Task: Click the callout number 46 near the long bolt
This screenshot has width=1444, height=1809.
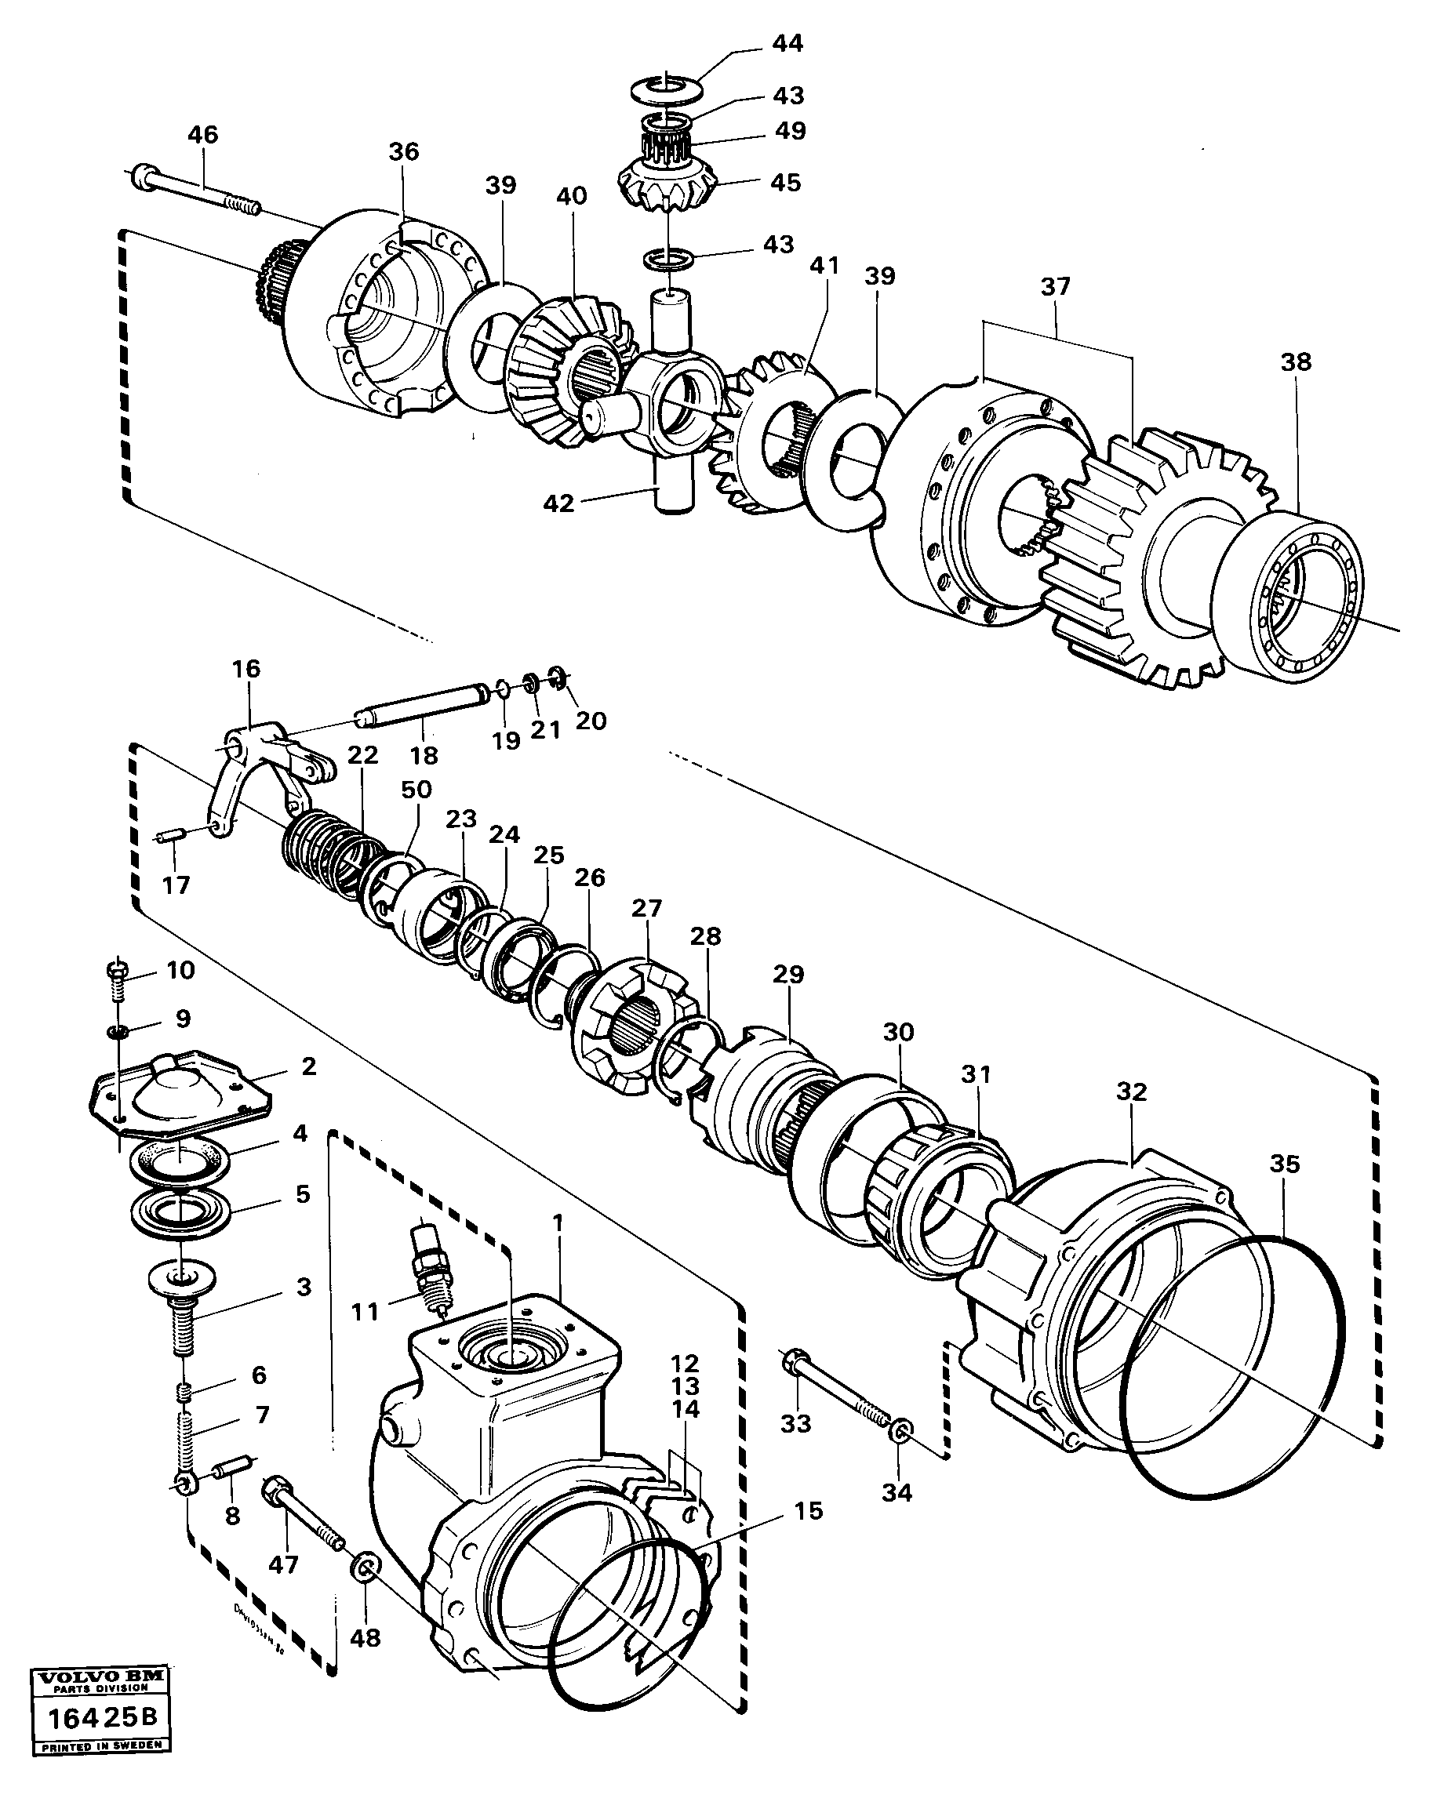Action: (x=202, y=134)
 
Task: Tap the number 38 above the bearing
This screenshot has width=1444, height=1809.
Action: (x=1296, y=361)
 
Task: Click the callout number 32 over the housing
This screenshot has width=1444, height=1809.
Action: (x=1131, y=1092)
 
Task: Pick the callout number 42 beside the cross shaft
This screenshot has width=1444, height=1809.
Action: (x=558, y=503)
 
